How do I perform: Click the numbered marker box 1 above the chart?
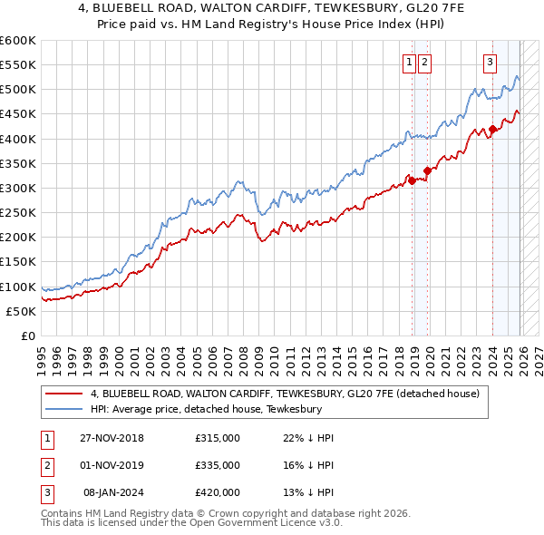point(409,62)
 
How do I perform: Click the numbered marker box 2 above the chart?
point(424,62)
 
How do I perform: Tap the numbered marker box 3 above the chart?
point(490,62)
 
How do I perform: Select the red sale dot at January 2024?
point(492,129)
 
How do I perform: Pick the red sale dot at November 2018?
point(413,180)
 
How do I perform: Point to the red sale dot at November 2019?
point(427,170)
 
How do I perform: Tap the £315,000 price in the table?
point(218,438)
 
